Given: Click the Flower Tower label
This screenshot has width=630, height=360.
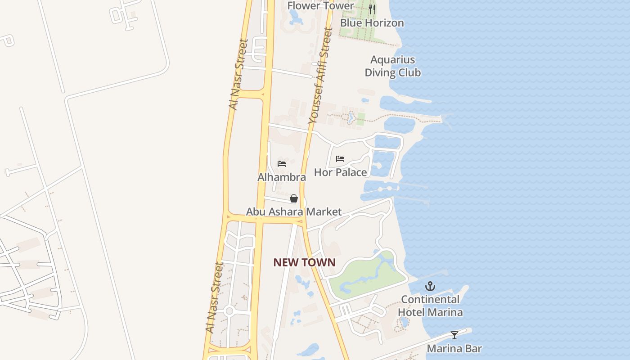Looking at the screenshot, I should coord(321,5).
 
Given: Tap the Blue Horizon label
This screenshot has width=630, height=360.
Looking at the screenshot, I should coord(372,22).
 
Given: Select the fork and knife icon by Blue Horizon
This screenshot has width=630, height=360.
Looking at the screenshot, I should coord(372,9).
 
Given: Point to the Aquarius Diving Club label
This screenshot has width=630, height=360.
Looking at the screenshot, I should coord(392,66).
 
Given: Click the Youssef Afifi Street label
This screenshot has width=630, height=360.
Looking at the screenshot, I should coord(320,76).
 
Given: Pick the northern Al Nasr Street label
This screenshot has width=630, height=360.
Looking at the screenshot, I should coord(238,75).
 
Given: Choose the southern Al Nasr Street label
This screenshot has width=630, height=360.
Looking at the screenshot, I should coord(214,297).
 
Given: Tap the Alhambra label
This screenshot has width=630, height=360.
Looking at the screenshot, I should coord(282,177).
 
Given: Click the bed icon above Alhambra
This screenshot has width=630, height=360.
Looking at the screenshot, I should coord(282,164).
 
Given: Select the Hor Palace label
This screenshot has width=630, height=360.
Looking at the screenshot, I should coord(340,172).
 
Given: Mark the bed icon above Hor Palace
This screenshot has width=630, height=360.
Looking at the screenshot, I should coord(340,159).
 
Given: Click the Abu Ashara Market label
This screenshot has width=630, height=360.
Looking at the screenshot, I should coord(294,211).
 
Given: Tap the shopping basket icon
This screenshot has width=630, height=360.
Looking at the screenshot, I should coord(294,198).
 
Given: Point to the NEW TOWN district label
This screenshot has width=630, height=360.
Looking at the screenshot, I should coord(304,262).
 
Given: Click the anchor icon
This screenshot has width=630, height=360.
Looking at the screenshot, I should coord(430,286).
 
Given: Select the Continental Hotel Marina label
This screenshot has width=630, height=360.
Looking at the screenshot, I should coord(430,306).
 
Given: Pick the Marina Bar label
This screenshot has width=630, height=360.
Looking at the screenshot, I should coord(454,348).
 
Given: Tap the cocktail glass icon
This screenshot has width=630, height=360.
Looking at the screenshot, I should coord(454,335).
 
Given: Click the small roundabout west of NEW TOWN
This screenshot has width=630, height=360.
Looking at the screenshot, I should coord(229,310).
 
